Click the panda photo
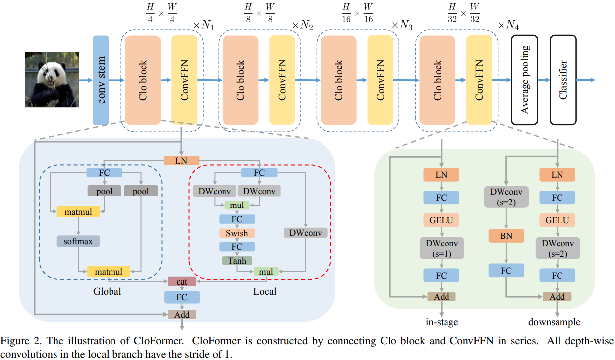point(52,80)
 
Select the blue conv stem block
point(101,80)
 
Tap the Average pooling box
point(524,79)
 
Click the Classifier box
point(563,79)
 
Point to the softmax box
point(78,241)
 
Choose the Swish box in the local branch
point(237,233)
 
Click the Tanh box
point(237,260)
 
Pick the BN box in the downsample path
point(506,236)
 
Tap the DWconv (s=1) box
point(442,248)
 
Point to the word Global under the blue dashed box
point(107,292)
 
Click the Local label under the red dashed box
point(265,292)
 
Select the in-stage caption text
point(442,322)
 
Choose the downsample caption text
point(554,322)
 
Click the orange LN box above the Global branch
point(181,160)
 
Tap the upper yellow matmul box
point(78,211)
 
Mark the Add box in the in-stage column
point(441,297)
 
